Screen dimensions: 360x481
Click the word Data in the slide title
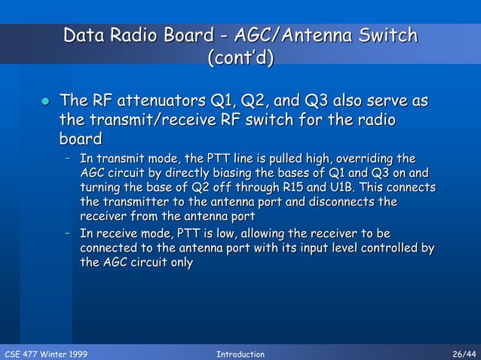click(x=82, y=35)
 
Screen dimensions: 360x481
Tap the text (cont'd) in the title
click(x=240, y=58)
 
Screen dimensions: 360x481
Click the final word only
click(x=179, y=262)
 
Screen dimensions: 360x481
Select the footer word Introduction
click(x=240, y=354)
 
